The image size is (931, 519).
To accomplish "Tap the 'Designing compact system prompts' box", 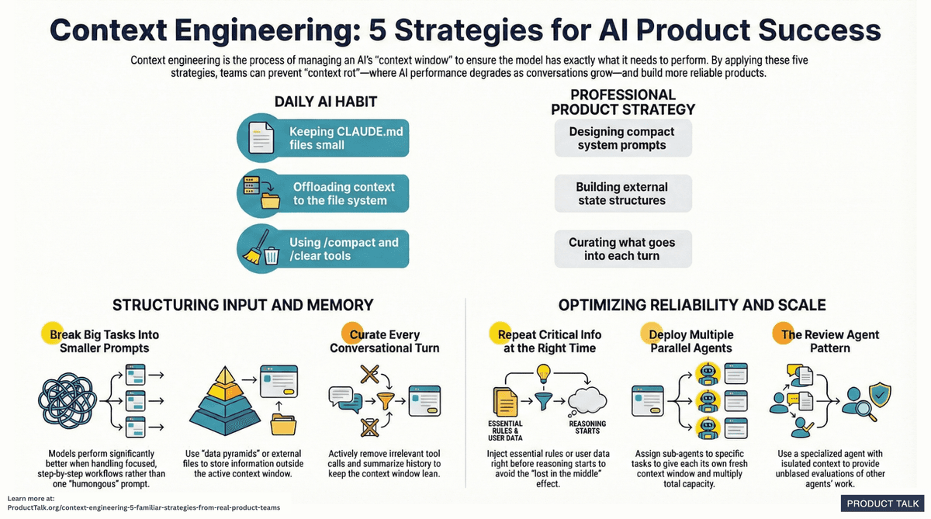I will coord(621,138).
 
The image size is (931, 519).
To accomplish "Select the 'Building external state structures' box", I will coord(621,194).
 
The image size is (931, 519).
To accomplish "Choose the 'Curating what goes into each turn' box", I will coord(621,249).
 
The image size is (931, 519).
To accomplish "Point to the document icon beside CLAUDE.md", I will coord(261,138).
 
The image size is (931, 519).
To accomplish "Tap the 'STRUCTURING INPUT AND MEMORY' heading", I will coord(243,305).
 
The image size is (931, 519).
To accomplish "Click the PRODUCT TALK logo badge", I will coord(881,503).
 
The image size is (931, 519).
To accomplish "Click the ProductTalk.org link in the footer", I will coord(144,507).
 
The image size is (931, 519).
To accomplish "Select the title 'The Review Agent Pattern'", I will coord(830,341).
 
